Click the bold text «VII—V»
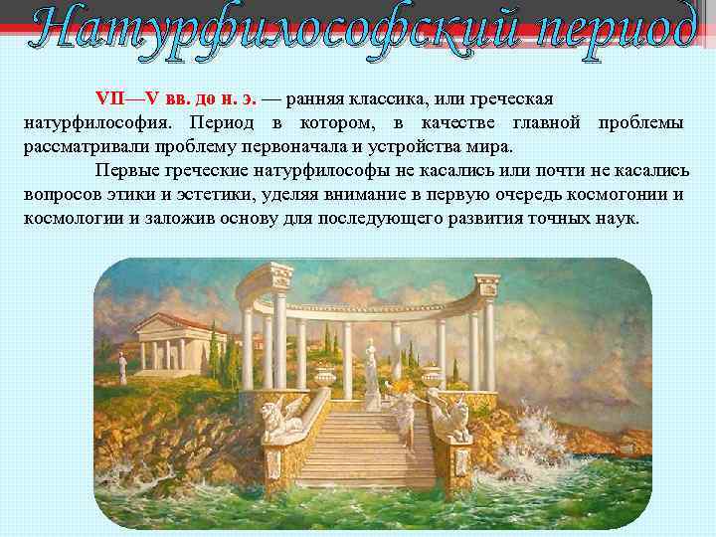121,100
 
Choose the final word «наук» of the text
615,216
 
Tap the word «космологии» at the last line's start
73,216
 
